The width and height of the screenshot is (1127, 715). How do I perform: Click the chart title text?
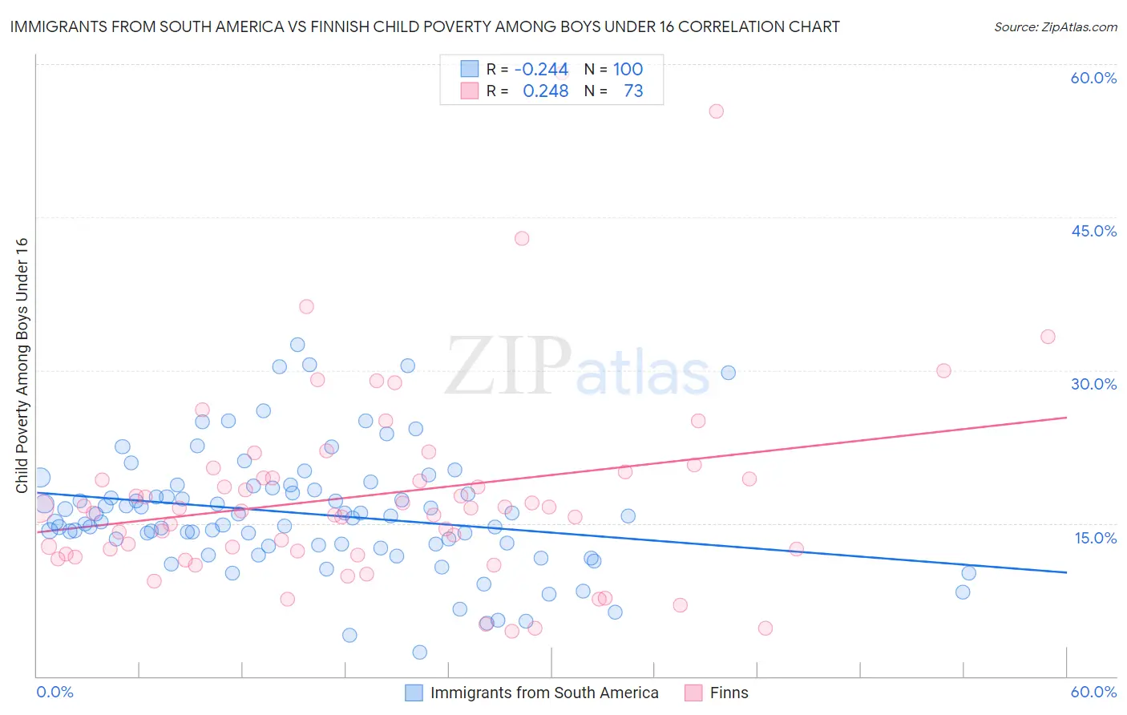425,26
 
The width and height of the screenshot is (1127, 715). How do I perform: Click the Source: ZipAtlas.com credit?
1055,26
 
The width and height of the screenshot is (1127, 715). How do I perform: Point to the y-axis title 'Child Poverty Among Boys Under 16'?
22,366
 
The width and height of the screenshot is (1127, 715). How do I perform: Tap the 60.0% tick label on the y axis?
1093,78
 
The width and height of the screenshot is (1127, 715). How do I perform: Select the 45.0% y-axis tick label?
1093,231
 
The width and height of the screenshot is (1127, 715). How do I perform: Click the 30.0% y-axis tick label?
1093,384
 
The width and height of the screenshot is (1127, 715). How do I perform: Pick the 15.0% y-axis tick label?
1095,538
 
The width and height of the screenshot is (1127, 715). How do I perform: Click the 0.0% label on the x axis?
55,692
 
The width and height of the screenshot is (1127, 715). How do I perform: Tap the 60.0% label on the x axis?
1093,692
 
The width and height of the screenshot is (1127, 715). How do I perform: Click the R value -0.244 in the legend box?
541,70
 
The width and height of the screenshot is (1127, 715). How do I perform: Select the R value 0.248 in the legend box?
545,91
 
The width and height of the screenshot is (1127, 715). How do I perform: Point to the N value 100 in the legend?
628,70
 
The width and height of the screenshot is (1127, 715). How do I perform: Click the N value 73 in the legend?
633,91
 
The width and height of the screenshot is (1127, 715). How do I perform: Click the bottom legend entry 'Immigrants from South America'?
543,693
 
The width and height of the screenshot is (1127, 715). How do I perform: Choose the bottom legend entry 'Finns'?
729,693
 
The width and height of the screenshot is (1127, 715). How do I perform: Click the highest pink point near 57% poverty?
717,111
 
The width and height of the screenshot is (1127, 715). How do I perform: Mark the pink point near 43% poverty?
522,238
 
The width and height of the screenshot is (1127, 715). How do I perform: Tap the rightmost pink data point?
1048,337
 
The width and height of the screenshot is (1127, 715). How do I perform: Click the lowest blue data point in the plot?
419,652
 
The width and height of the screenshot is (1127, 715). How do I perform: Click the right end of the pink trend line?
1066,418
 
